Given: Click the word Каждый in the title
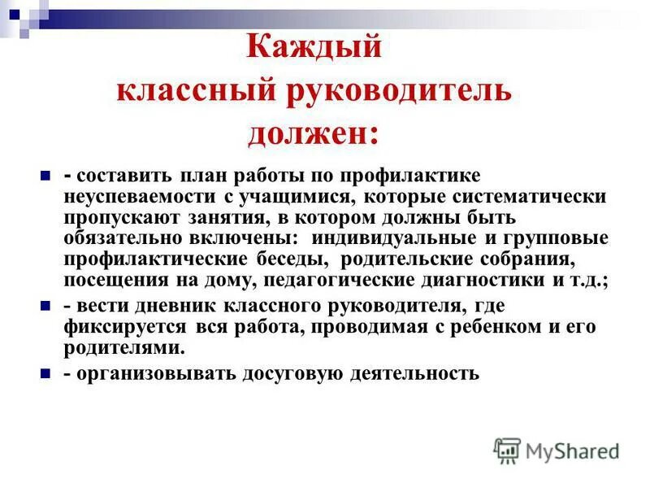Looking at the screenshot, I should (x=314, y=47).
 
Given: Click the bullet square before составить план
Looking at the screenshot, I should (x=45, y=175).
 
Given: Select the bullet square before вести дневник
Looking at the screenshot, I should (x=45, y=307).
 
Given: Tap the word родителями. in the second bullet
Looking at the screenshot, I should (x=124, y=348).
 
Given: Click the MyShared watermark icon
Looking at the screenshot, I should (x=508, y=451).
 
